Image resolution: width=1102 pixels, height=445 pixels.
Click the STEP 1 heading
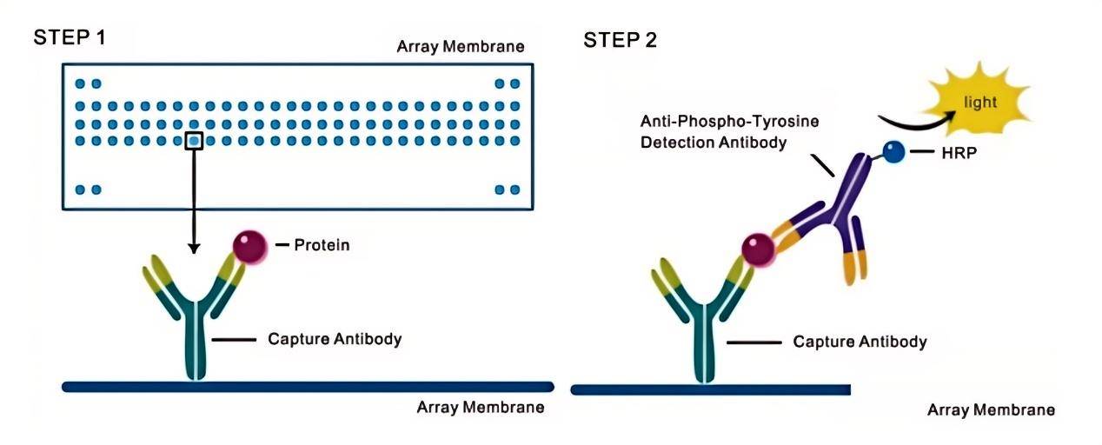click(70, 37)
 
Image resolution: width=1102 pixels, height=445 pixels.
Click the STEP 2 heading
click(620, 40)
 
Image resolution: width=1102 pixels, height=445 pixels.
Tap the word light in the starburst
click(980, 103)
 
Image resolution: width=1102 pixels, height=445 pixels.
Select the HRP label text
click(959, 153)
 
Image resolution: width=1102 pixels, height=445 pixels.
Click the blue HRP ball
click(893, 151)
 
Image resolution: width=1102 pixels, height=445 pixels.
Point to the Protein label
click(322, 244)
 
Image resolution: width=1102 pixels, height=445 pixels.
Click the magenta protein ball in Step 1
click(250, 247)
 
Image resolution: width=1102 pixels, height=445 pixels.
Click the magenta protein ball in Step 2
click(758, 250)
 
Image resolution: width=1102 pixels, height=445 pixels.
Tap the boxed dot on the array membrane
click(194, 141)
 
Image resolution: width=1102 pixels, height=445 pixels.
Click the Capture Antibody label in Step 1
click(335, 339)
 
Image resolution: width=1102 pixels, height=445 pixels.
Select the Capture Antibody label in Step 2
click(860, 342)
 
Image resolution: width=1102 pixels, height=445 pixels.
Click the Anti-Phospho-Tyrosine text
click(729, 121)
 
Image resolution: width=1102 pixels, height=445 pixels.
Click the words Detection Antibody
click(714, 143)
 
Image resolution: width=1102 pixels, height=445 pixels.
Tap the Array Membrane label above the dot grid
click(461, 47)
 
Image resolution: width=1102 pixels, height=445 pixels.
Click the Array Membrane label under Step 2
click(991, 410)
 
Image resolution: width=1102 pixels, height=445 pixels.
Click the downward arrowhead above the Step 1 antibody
click(194, 248)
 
